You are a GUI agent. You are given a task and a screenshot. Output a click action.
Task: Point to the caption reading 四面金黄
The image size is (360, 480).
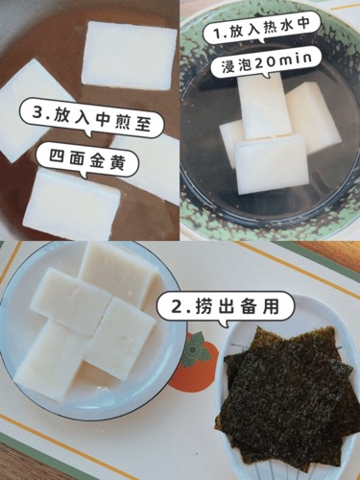click(x=87, y=161)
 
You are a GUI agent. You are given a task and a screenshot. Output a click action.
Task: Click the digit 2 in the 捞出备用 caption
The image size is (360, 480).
click(x=179, y=307)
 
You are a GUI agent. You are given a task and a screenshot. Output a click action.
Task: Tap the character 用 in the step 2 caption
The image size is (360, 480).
click(x=270, y=305)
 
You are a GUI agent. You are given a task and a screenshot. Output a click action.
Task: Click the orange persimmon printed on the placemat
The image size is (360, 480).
click(x=193, y=361)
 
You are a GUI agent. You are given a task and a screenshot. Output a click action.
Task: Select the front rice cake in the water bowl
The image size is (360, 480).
click(x=270, y=164)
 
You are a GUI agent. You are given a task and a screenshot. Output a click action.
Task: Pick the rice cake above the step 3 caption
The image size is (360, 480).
click(x=130, y=56)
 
